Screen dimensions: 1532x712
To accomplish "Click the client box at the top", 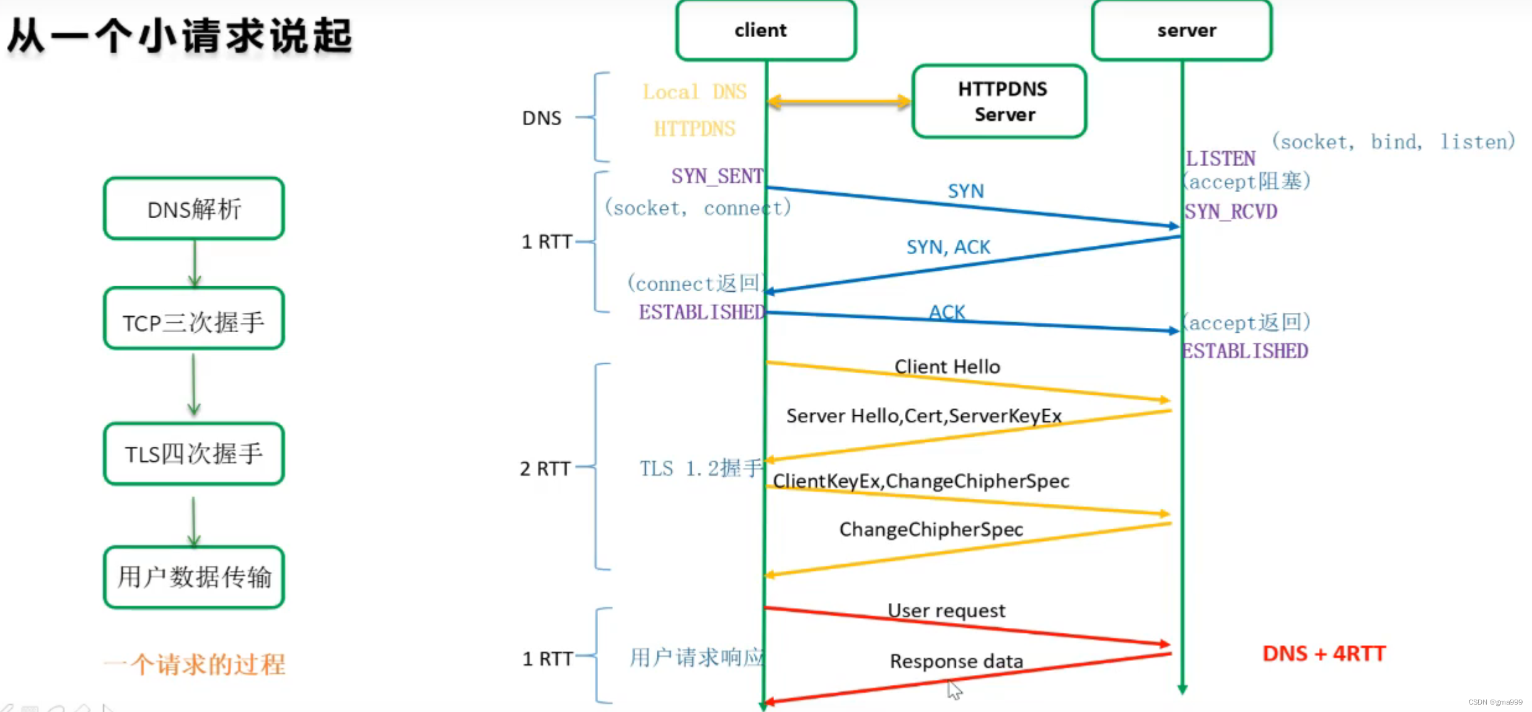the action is point(766,30).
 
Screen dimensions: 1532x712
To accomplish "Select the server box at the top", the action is point(1182,30).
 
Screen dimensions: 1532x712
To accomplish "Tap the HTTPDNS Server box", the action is point(1000,101).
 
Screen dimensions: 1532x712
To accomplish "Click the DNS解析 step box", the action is point(194,209).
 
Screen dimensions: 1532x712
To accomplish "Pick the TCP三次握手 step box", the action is point(194,319).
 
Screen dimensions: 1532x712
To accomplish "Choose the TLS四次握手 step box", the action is point(194,454).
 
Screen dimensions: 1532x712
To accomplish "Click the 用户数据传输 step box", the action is point(194,577).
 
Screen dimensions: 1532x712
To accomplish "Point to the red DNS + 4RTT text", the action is point(1324,654).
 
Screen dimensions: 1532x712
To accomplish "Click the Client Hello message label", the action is point(947,367).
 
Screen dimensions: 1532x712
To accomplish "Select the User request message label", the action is point(946,611).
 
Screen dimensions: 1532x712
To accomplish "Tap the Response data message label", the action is point(956,661).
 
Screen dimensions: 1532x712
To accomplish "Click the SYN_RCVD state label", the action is point(1231,212).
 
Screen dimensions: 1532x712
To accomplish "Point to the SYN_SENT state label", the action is point(717,176).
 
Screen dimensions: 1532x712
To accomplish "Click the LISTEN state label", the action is point(1220,159).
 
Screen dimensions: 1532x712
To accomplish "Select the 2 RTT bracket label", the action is point(545,468).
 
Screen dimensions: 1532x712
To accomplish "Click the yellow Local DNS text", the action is point(695,92).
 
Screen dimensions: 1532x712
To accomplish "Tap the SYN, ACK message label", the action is point(948,247).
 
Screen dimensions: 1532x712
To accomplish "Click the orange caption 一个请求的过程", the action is point(195,664).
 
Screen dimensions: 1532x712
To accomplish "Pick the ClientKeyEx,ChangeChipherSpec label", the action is point(921,481).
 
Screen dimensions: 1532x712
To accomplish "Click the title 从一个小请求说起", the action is point(180,35).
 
